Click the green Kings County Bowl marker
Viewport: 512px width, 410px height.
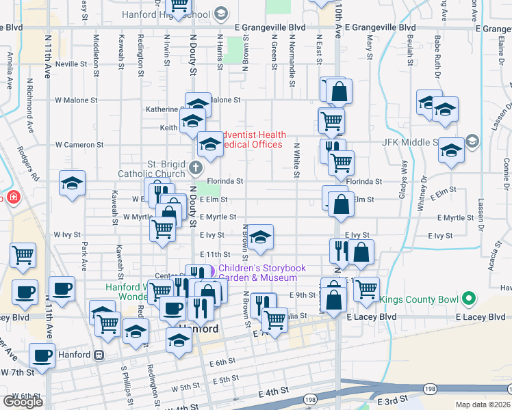(469, 298)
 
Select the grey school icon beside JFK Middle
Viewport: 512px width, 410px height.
(472, 141)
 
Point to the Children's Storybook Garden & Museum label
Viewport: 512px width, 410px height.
(261, 273)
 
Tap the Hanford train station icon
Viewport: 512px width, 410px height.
(100, 355)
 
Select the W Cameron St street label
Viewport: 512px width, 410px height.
(79, 145)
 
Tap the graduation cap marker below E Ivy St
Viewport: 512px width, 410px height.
(260, 238)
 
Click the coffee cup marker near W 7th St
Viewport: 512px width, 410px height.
(42, 356)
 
